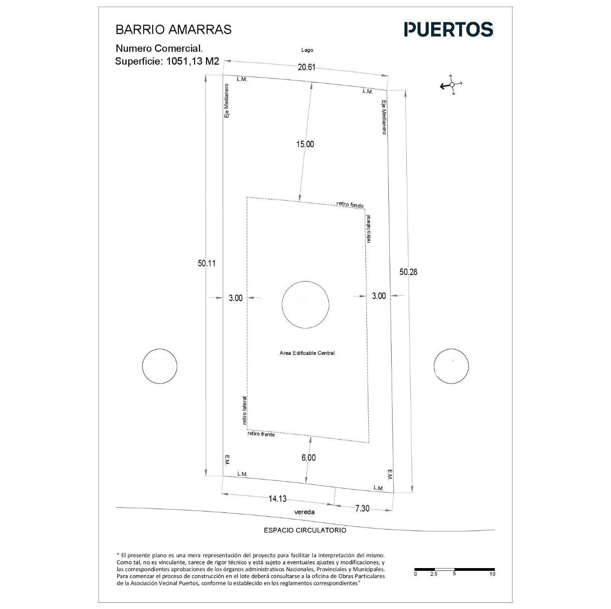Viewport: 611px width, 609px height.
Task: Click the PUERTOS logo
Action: click(448, 29)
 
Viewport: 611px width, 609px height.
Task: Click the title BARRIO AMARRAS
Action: click(173, 29)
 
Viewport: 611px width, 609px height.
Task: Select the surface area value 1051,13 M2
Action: click(193, 61)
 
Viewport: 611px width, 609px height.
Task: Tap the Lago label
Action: click(307, 50)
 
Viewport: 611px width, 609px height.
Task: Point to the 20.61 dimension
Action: click(306, 67)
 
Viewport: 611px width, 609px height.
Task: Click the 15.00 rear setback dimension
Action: click(305, 144)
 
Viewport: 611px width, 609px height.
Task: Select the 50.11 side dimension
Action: click(207, 263)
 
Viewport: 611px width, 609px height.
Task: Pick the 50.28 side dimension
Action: click(408, 272)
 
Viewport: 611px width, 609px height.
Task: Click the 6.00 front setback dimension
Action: click(308, 457)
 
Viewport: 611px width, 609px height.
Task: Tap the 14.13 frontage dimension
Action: click(277, 499)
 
